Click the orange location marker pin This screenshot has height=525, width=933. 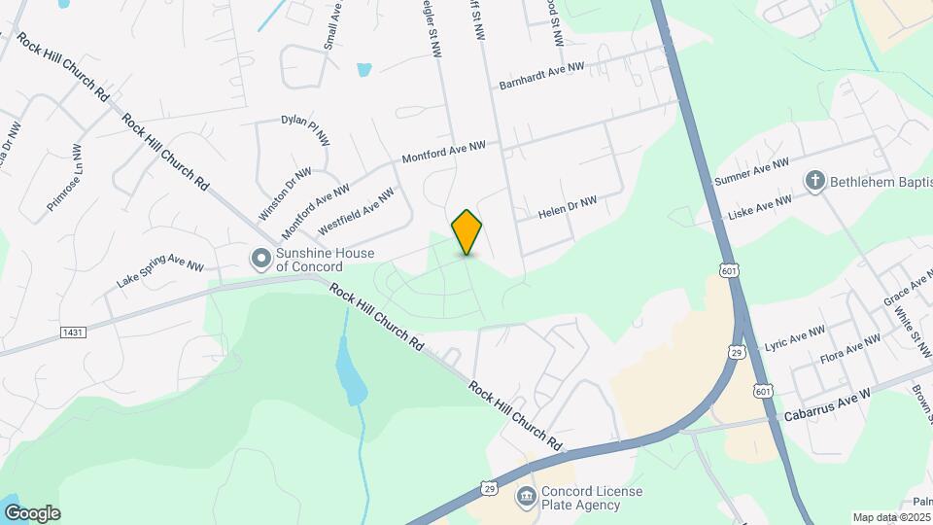coord(466,231)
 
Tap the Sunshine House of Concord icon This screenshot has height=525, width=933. coord(260,259)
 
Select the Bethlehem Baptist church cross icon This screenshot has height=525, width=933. coord(814,181)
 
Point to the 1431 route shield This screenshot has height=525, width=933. coord(72,332)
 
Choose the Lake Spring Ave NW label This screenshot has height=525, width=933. coord(160,271)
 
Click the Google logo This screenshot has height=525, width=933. coord(32,513)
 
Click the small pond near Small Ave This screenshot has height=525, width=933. coord(364,70)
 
